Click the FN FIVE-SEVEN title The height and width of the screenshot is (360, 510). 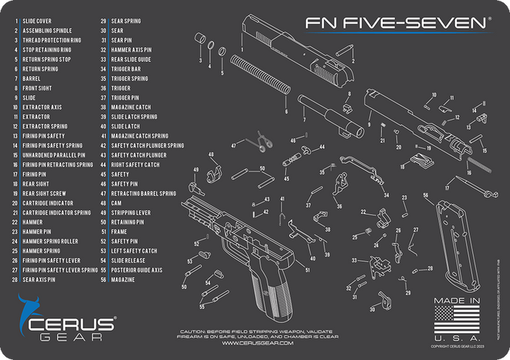point(396,23)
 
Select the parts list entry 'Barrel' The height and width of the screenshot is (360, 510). point(32,78)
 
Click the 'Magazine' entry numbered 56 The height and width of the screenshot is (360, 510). point(124,280)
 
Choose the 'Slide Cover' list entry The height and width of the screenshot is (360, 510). point(37,21)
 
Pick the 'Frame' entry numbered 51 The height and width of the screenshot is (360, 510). point(119,231)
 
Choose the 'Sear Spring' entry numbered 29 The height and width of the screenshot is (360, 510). point(124,21)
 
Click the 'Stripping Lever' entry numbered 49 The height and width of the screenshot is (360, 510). point(129,212)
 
